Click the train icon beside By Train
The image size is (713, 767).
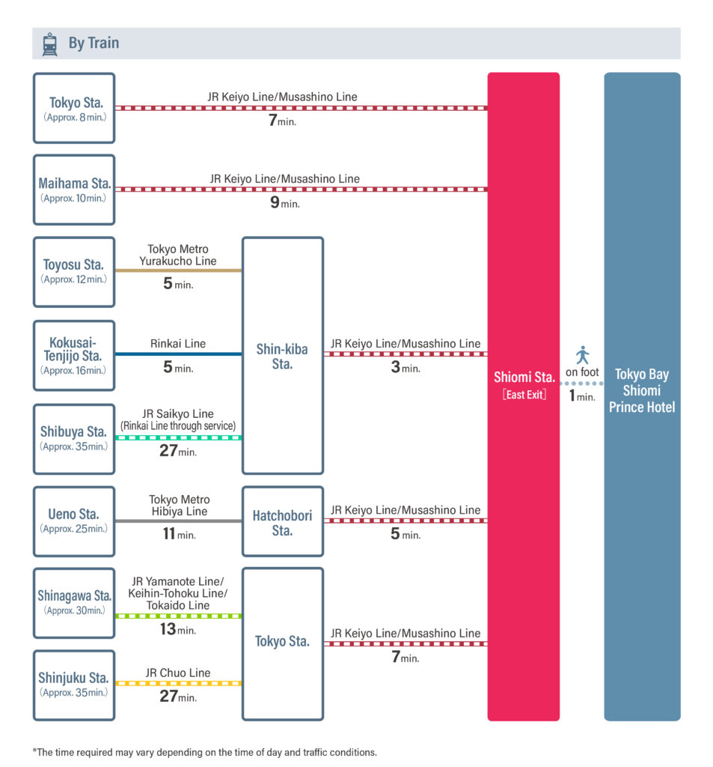click(x=49, y=44)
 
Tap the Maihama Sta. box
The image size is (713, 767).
click(x=74, y=190)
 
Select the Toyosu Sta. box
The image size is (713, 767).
click(x=74, y=272)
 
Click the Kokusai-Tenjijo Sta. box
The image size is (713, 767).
click(x=74, y=356)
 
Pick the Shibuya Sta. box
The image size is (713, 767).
click(x=74, y=439)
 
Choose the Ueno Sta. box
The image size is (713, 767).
click(x=74, y=521)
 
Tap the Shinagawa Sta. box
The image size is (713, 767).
click(x=74, y=603)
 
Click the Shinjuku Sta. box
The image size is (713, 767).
click(x=74, y=685)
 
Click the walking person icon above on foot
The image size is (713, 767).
click(x=582, y=355)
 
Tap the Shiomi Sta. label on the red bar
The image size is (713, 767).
click(x=524, y=378)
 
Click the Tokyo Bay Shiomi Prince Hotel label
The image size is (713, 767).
click(x=642, y=391)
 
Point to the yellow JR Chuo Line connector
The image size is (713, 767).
click(x=178, y=683)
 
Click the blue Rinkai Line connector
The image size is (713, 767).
click(x=178, y=354)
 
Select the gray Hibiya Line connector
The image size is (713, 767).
click(x=178, y=521)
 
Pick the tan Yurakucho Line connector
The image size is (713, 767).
click(x=178, y=270)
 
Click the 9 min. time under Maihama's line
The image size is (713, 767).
click(x=285, y=202)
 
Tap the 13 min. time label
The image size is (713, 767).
click(x=178, y=629)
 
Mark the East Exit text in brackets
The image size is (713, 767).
click(x=524, y=395)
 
